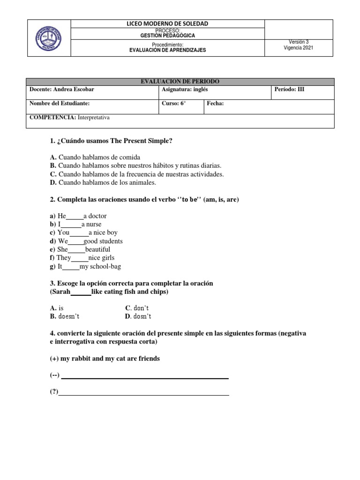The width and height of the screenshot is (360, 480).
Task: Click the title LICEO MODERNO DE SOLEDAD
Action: [x=167, y=23]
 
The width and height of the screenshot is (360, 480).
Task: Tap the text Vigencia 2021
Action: [x=299, y=48]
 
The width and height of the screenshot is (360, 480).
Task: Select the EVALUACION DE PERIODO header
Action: [x=180, y=82]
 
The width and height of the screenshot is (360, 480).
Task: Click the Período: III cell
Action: [x=289, y=90]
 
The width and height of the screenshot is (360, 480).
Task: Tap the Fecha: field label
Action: [x=215, y=104]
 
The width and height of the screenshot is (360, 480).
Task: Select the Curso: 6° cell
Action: [x=173, y=104]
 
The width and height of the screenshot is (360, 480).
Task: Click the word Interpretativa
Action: [x=94, y=118]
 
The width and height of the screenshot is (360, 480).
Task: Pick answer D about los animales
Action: [x=103, y=183]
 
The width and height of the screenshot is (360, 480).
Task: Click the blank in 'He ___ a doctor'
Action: [x=75, y=217]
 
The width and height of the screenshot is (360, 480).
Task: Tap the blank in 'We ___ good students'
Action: [x=76, y=242]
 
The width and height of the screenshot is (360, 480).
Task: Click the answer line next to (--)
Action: [x=145, y=377]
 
